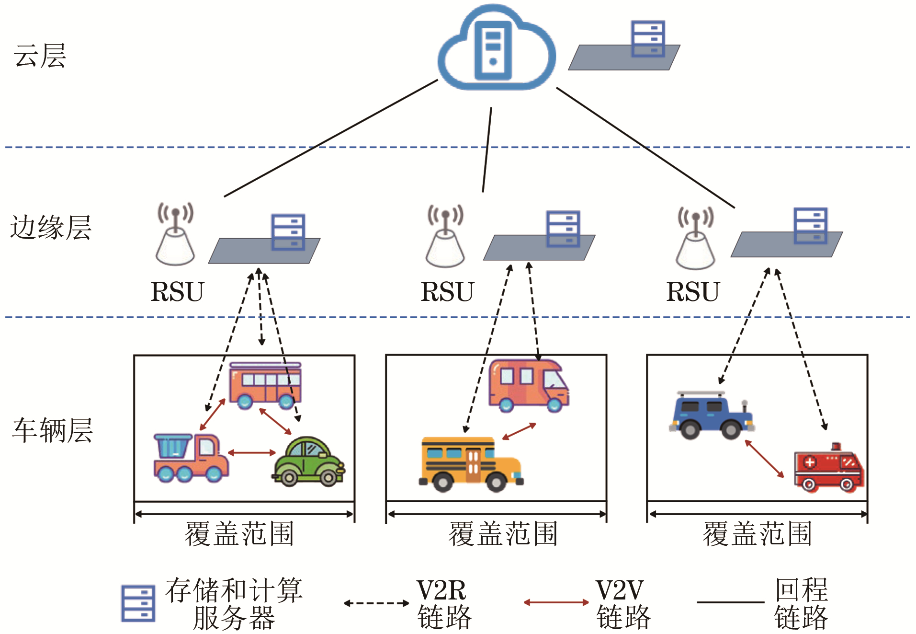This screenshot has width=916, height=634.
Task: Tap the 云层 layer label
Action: (40, 56)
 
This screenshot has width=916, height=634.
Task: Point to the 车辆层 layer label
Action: (52, 430)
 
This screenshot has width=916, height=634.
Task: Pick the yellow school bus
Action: (471, 464)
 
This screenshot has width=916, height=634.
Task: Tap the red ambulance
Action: (828, 469)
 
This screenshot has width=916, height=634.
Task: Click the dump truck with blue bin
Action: (191, 458)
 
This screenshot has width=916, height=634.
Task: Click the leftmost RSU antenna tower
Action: (176, 234)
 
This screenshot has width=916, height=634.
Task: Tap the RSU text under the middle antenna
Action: (447, 291)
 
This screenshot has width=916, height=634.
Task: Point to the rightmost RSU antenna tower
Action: (696, 238)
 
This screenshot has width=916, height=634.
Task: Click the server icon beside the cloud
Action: (647, 39)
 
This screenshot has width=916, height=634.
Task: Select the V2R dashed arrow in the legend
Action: (376, 603)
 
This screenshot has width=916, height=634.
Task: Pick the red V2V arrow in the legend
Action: (556, 602)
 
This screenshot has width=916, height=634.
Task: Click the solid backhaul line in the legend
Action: (730, 602)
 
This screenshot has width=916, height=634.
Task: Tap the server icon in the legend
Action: (138, 603)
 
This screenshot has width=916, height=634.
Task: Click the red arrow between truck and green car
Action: (252, 452)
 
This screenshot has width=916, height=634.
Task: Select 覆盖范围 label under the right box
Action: (757, 534)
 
